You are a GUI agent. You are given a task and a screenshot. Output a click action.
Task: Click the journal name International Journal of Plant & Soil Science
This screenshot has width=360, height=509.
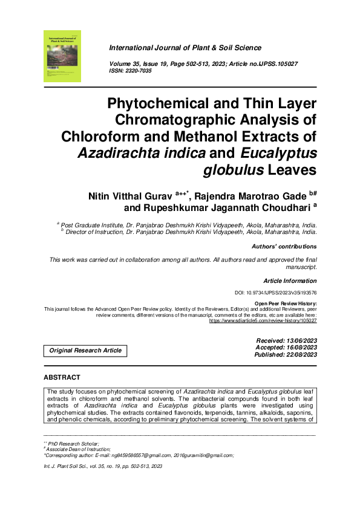click(x=185, y=48)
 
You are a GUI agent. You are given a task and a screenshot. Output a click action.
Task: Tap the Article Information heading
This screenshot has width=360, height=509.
click(x=290, y=280)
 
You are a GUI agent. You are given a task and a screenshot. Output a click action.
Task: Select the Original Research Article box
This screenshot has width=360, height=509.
click(x=85, y=350)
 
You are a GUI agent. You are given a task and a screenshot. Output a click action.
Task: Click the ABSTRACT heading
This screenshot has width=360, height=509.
click(x=62, y=378)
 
